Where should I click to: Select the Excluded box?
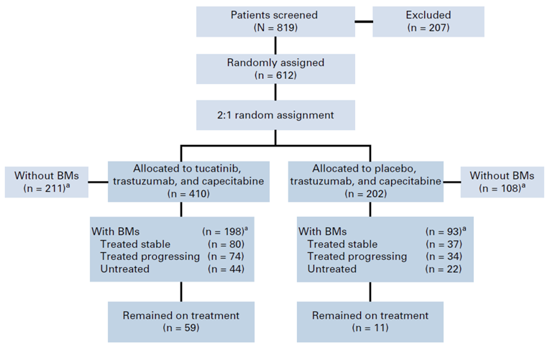click(428, 21)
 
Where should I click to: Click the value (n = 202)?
click(370, 193)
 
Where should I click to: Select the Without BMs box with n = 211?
click(45, 182)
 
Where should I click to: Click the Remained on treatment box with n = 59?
click(180, 321)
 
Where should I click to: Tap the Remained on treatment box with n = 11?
click(370, 321)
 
